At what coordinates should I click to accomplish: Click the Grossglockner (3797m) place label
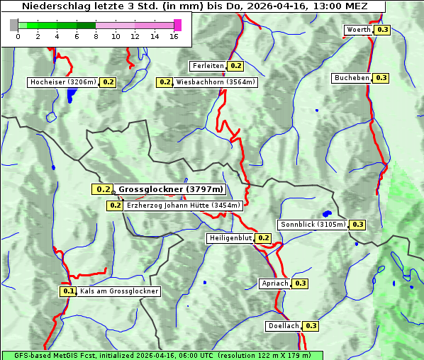coord(170,189)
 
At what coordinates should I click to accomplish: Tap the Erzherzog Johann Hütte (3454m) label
coord(184,206)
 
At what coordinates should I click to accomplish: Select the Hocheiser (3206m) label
coord(63,82)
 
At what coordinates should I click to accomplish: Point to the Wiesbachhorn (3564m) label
coord(216,82)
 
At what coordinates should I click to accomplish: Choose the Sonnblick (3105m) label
coord(313,225)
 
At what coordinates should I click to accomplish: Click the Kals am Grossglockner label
coord(119,291)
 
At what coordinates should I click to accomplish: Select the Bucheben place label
coord(352,78)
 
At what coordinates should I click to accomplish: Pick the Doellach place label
coord(284,326)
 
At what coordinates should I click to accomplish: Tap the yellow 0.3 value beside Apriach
coord(300,283)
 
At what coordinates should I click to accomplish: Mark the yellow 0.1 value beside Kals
coord(68,291)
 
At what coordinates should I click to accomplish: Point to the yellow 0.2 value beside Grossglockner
coord(103,189)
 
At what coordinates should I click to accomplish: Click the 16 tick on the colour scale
coord(174,36)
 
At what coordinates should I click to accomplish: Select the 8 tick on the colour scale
coord(96,36)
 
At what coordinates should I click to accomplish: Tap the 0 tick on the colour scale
coord(18,36)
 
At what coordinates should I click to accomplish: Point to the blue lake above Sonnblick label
coord(327,213)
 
